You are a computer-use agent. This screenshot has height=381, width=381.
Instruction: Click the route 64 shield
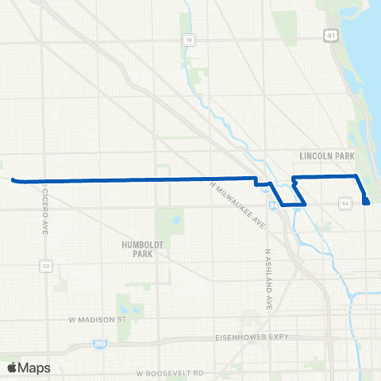pyautogui.click(x=345, y=205)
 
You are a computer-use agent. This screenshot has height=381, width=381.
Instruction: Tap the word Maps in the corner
pyautogui.click(x=34, y=368)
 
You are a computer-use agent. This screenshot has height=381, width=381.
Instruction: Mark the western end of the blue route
pyautogui.click(x=13, y=180)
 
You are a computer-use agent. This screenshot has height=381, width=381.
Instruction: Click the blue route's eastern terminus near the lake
pyautogui.click(x=367, y=202)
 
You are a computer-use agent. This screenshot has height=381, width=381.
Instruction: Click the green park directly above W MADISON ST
pyautogui.click(x=124, y=306)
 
